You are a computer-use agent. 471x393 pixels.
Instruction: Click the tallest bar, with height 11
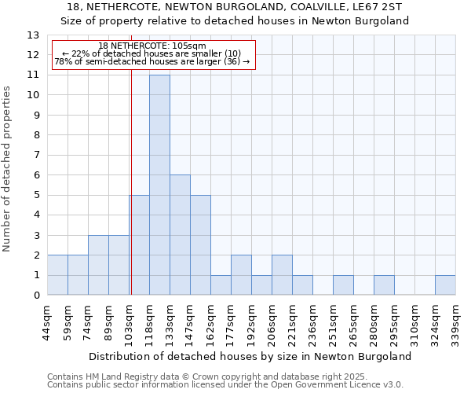pyautogui.click(x=159, y=185)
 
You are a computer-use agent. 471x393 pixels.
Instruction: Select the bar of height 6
pyautogui.click(x=180, y=235)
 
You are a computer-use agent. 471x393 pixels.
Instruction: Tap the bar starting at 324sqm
pyautogui.click(x=445, y=285)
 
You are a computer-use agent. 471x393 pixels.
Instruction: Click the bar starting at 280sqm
pyautogui.click(x=384, y=285)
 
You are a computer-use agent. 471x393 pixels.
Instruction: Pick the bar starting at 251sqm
pyautogui.click(x=343, y=285)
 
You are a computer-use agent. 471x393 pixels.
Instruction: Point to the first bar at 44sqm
pyautogui.click(x=57, y=275)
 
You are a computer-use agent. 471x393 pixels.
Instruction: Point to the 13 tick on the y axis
pyautogui.click(x=33, y=35)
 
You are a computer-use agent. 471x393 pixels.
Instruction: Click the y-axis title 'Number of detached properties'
pyautogui.click(x=7, y=169)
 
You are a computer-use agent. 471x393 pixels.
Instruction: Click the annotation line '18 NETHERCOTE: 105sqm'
pyautogui.click(x=153, y=46)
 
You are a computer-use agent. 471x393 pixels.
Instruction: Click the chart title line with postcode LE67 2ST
pyautogui.click(x=235, y=6)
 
